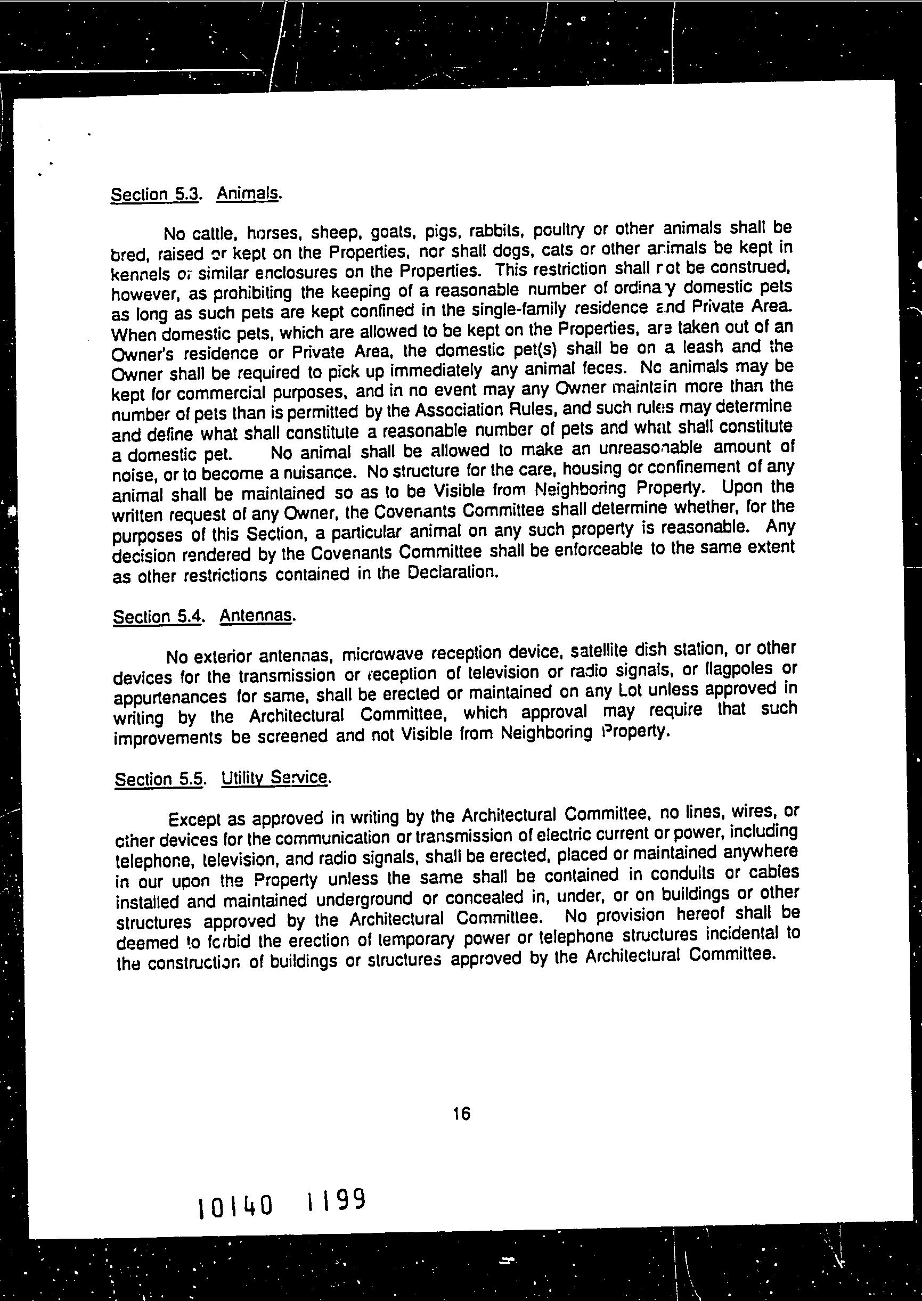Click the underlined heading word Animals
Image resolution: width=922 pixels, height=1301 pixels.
[248, 193]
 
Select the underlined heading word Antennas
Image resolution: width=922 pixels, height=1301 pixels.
[257, 615]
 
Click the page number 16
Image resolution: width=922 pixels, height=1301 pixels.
[462, 1114]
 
